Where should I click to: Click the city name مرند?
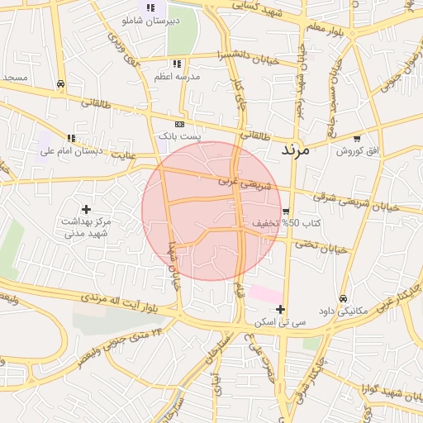[x=294, y=150]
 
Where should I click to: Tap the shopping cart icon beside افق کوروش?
[x=356, y=138]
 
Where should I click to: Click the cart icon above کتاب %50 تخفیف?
[x=285, y=211]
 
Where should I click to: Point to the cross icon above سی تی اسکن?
[x=281, y=309]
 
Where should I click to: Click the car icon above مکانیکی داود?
[x=343, y=298]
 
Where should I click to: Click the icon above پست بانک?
[x=179, y=122]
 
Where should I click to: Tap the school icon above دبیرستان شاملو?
[x=150, y=7]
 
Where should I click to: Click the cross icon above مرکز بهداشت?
[x=86, y=209]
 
